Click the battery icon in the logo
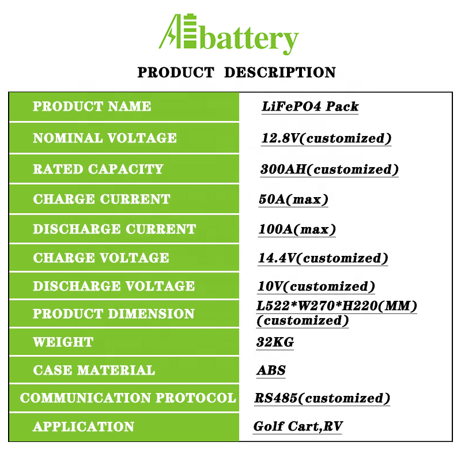[x=190, y=31]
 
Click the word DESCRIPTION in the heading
[x=279, y=73]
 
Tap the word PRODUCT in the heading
[x=176, y=73]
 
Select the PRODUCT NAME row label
[x=92, y=106]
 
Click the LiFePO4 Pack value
[x=310, y=107]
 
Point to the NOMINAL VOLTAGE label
[x=105, y=138]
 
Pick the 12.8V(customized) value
[x=326, y=138]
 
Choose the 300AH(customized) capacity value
[x=329, y=169]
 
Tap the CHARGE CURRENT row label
[x=101, y=199]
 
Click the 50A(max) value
[x=293, y=199]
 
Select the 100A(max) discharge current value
[x=297, y=229]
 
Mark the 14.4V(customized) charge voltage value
[x=323, y=258]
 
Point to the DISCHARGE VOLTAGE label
[x=114, y=286]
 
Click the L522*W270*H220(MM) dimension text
[x=337, y=306]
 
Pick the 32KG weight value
[x=275, y=342]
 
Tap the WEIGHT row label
[x=63, y=342]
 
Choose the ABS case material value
[x=271, y=370]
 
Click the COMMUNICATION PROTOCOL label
[x=128, y=398]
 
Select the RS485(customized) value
[x=322, y=398]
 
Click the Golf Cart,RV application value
[x=298, y=426]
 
